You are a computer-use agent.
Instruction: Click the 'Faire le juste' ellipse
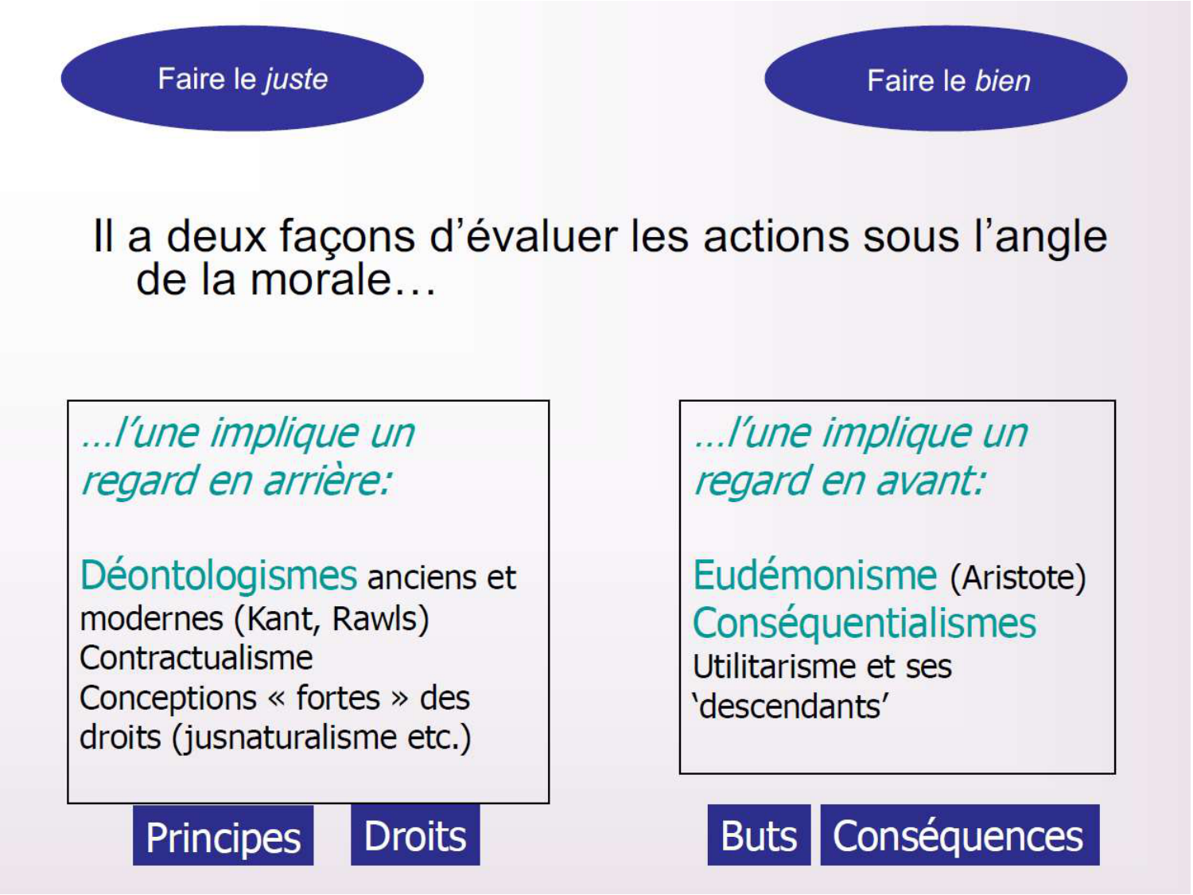(x=243, y=79)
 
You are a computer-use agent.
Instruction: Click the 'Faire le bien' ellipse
(x=946, y=79)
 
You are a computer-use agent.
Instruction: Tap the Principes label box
(x=223, y=836)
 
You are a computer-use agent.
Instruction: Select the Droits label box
(x=415, y=835)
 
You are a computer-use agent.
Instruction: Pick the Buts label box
(x=759, y=835)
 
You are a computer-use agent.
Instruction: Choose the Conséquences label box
(x=959, y=835)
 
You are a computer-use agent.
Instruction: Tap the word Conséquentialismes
(x=865, y=623)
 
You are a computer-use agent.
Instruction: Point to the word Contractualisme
(x=196, y=658)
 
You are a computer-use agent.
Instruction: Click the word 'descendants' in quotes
(x=791, y=706)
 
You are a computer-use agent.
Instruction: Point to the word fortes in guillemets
(x=339, y=698)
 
